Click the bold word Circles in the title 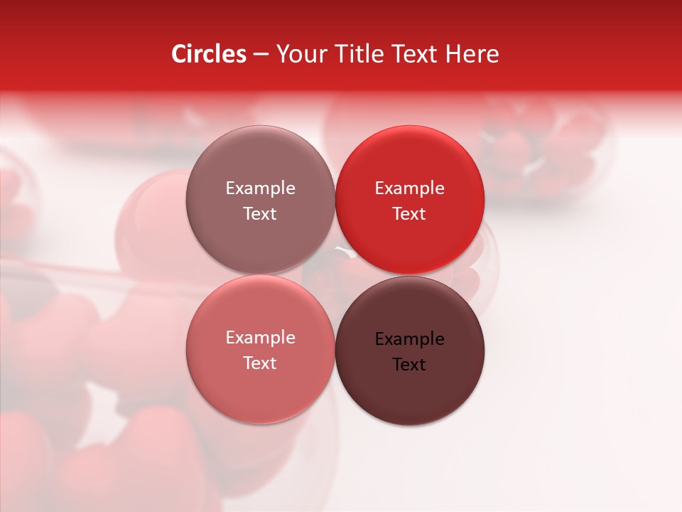[209, 54]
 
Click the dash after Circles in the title [261, 55]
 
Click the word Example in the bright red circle [409, 188]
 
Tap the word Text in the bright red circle [409, 214]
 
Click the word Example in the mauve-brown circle [260, 188]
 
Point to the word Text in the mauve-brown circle [260, 214]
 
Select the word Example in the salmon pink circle [260, 338]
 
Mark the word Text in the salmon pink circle [260, 363]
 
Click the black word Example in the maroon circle [409, 339]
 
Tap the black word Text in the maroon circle [409, 365]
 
